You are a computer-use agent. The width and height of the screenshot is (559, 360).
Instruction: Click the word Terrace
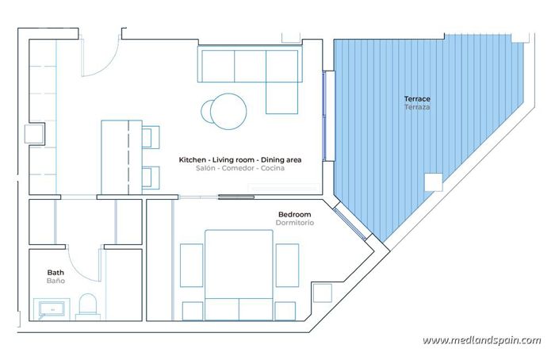[x=417, y=99]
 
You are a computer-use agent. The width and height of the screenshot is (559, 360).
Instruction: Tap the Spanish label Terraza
[x=417, y=107]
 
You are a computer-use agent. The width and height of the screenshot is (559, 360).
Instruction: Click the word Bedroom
[x=294, y=215]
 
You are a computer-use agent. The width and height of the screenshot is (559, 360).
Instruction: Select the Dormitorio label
[x=295, y=224]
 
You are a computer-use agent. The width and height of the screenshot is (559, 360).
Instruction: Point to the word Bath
[x=56, y=272]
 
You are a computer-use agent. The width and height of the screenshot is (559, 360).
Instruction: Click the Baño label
[x=56, y=281]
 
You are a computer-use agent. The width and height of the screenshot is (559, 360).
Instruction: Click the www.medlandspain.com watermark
[x=481, y=341]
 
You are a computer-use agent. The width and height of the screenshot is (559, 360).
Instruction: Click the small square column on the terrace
[x=433, y=182]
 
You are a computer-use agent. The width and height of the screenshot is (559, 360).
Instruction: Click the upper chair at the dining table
[x=151, y=137]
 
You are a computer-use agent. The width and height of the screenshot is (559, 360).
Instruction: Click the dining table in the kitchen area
[x=121, y=156]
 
